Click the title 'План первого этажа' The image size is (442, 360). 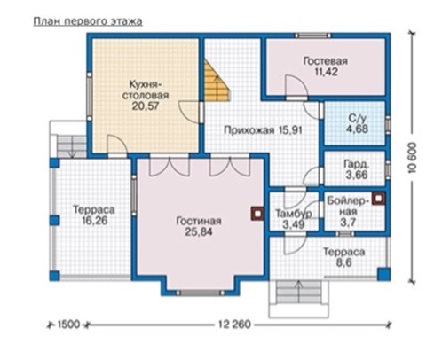coord(88,21)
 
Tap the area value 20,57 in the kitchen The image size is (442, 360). coord(146,106)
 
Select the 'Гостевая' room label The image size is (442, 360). coord(326,61)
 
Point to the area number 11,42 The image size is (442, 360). coord(326,72)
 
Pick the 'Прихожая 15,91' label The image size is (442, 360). coord(263,130)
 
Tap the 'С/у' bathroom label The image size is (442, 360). coord(358,119)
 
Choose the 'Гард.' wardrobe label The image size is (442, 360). coord(357,164)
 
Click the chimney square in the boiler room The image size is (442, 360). coord(379,199)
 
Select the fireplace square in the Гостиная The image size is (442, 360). coord(258,214)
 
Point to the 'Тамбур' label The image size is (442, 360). coord(294,214)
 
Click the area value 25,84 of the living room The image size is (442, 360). coord(199,232)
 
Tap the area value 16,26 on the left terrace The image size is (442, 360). coord(94,221)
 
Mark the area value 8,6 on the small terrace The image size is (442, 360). coord(343,262)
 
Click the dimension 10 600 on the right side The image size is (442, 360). coord(412,158)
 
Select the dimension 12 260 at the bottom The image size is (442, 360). coord(234,325)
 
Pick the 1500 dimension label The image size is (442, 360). coord(68,325)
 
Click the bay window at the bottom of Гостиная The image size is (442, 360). coord(201,293)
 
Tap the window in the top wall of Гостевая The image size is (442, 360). coord(313,35)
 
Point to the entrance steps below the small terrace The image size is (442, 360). coord(299,293)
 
